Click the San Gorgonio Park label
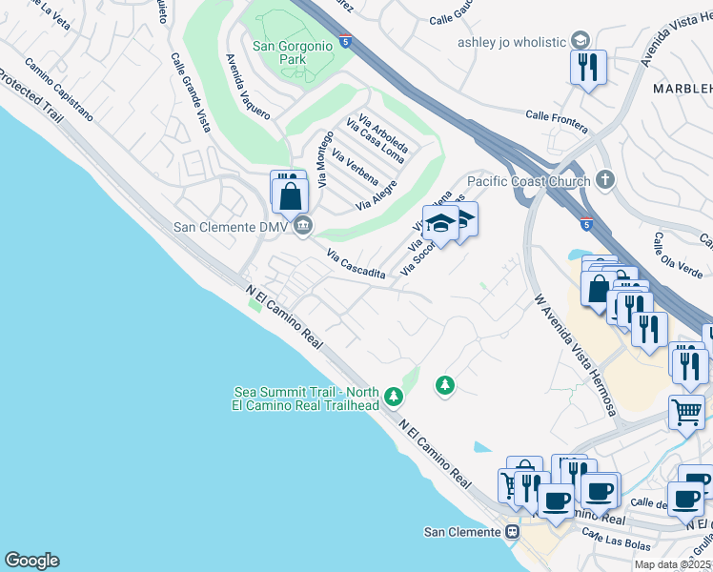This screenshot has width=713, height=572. pos(293,52)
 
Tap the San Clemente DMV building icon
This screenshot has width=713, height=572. pos(303,225)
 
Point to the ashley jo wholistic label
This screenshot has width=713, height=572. pos(511,41)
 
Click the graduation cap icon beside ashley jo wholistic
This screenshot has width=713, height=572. pos(580,40)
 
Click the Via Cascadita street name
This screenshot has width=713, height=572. pos(356,264)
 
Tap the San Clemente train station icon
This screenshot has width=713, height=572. pos(513,531)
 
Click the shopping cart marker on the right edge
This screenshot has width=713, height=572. pos(687,412)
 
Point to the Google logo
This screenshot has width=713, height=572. pos(31,561)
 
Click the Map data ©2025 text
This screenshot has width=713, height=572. pos(672,565)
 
